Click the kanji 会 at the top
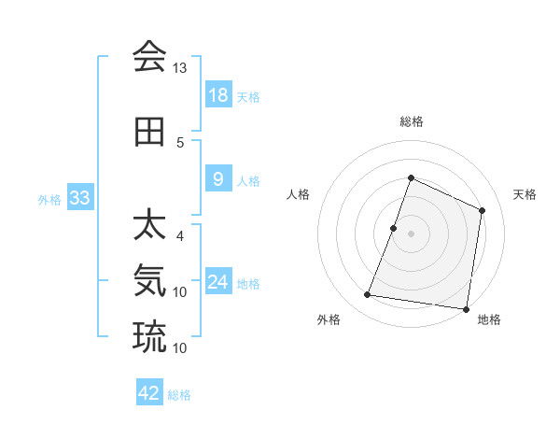point(149,57)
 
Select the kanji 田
point(149,133)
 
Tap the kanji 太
point(149,227)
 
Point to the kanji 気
point(149,280)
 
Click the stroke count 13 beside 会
point(180,68)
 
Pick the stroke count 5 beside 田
point(180,143)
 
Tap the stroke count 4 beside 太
point(180,235)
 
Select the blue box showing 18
point(217,95)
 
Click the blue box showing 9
point(217,179)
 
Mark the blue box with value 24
point(217,282)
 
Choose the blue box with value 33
point(79,198)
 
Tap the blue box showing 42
point(149,393)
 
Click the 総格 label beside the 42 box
point(179,395)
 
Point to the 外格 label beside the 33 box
point(49,199)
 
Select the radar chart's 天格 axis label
point(525,194)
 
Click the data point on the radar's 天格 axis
point(483,210)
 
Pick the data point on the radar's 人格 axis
point(394,228)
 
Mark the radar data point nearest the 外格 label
point(368,295)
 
